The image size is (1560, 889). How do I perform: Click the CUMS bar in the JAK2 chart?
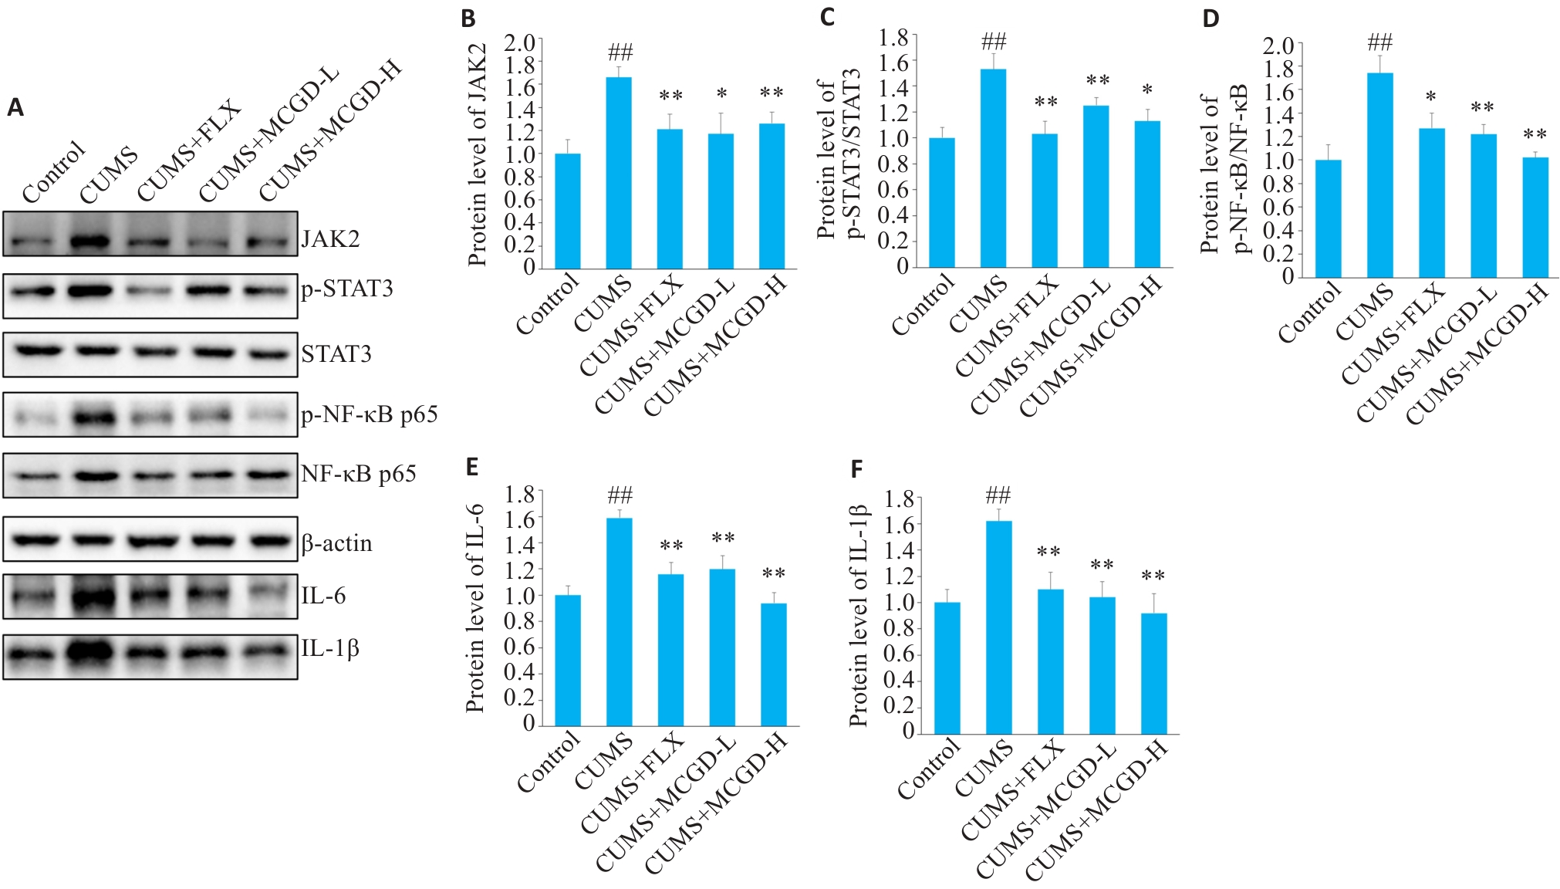tap(619, 173)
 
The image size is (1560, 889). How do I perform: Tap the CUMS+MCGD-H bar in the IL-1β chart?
tap(1153, 673)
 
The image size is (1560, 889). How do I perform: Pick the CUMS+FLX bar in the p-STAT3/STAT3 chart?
tap(1045, 201)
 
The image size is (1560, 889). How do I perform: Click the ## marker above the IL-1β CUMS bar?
tap(998, 495)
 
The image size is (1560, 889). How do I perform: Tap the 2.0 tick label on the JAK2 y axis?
tap(520, 42)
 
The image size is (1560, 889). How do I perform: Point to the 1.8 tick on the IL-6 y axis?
tap(520, 494)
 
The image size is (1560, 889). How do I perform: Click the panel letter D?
tap(1211, 19)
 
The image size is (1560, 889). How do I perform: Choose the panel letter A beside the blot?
tap(15, 108)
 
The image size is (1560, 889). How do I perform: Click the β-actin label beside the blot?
tap(337, 543)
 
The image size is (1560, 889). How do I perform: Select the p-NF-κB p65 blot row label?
tap(370, 414)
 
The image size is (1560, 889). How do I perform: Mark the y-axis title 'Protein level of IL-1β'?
tap(858, 616)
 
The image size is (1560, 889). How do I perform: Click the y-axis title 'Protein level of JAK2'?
tap(478, 154)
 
